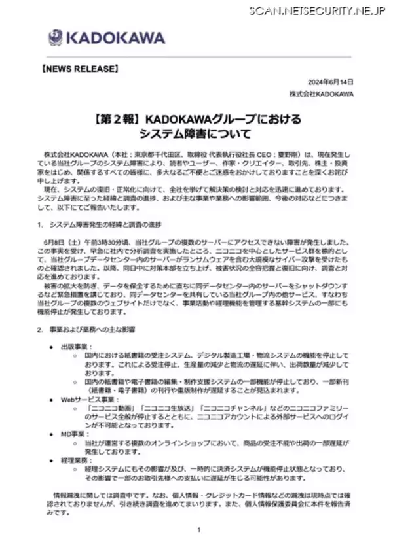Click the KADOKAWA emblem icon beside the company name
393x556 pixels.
click(x=55, y=37)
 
